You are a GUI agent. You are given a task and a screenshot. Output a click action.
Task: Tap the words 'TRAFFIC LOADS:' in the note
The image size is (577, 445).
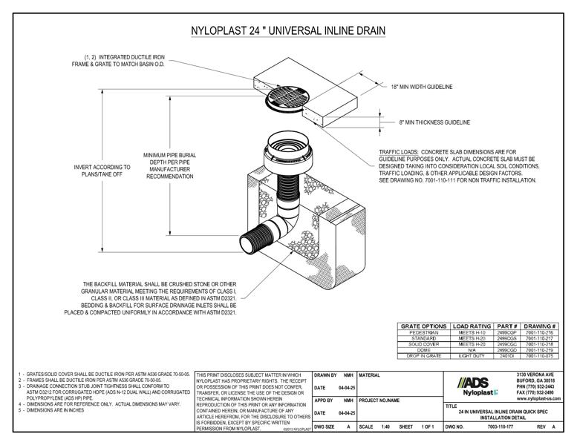click(400, 151)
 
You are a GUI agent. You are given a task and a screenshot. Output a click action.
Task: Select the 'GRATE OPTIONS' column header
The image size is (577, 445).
click(424, 326)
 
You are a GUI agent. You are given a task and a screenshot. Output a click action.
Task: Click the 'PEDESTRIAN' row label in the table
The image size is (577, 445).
click(424, 333)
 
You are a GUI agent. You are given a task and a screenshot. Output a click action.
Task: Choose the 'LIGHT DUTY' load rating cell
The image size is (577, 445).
click(472, 356)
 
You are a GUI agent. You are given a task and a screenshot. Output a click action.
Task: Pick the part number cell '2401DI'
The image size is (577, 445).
click(506, 356)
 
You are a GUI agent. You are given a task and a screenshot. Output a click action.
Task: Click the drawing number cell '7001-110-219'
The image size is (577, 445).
click(541, 350)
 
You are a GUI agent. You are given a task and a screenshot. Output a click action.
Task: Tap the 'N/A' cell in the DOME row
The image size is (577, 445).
click(472, 350)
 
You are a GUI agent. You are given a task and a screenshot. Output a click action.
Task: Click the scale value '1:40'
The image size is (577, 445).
click(386, 427)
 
